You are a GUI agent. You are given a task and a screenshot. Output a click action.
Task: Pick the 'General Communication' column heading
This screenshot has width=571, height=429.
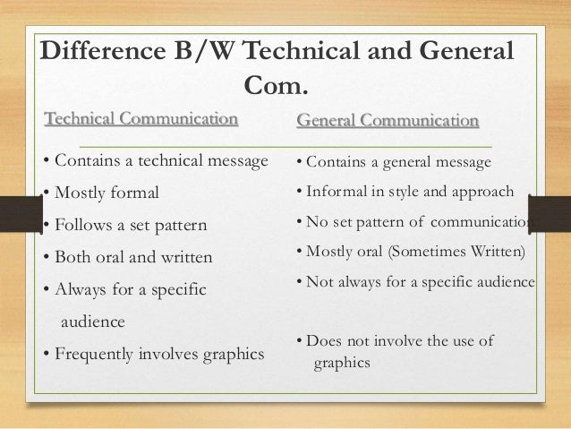[387, 120]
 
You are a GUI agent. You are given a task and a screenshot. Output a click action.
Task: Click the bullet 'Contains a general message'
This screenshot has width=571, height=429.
[393, 162]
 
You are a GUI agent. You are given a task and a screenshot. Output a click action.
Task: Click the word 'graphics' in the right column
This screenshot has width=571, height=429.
[341, 364]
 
